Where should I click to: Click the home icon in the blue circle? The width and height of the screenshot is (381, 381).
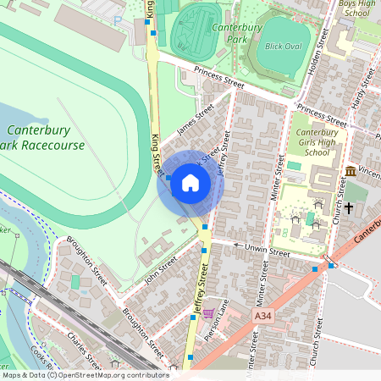coord(190,183)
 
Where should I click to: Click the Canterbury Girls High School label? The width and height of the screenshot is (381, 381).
coord(317,142)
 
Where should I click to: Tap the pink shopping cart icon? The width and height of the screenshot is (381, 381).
coord(207,313)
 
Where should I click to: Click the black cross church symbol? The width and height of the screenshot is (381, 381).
coord(348,207)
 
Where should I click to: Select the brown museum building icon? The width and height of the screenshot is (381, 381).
coord(351,172)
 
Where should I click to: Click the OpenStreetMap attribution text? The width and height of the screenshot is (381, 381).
coord(85,375)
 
